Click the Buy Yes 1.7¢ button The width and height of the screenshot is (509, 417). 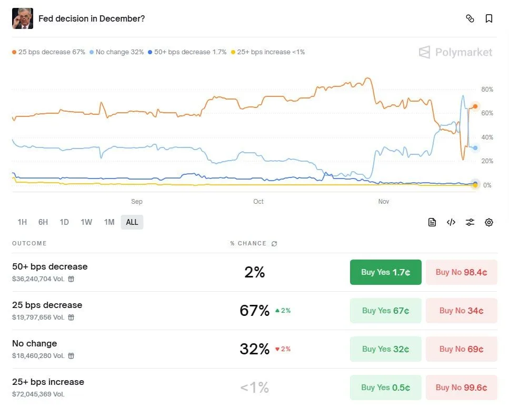pos(385,272)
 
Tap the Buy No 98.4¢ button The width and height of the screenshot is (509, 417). pos(461,272)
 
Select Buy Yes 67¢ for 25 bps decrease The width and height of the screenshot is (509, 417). pos(385,311)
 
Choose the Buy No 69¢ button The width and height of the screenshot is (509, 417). pos(461,349)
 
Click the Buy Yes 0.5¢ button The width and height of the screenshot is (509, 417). pos(385,388)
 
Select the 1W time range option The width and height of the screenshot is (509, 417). pos(86,222)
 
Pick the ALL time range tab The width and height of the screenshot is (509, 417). pos(132,222)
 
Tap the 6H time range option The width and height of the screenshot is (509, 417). pos(43,222)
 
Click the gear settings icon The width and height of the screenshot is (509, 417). pos(489,222)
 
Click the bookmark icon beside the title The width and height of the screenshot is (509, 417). pos(489,19)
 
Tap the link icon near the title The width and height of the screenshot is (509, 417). pos(470,19)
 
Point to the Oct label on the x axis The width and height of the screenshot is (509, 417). pos(258,202)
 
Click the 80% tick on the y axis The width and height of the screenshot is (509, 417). pos(487,90)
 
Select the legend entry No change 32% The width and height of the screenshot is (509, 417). pos(117,52)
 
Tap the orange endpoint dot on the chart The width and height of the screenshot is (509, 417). pos(475,106)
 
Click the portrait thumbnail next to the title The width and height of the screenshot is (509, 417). pos(23,18)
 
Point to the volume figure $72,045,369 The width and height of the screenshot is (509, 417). pos(38,394)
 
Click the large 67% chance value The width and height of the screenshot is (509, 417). pos(254,311)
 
